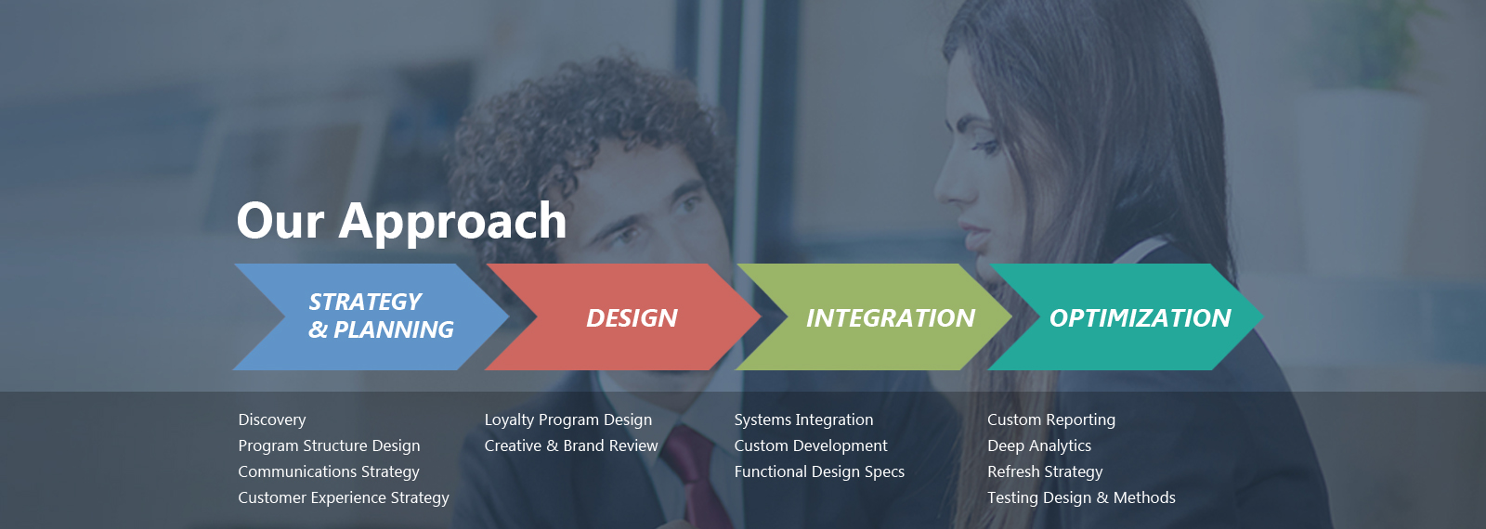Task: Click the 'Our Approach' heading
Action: click(401, 222)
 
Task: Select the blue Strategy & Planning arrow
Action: click(371, 316)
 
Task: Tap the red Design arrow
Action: click(623, 316)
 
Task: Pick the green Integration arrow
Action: click(874, 316)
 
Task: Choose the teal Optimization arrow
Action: click(1127, 316)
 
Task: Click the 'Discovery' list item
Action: click(272, 420)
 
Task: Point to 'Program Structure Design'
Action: click(329, 446)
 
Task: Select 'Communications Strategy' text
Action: click(329, 472)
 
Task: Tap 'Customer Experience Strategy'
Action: click(344, 497)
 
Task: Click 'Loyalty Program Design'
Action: click(567, 420)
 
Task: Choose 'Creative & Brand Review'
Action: click(571, 446)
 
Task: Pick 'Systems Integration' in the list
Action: click(803, 420)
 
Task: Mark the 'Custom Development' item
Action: click(811, 446)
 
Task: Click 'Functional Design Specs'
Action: click(819, 472)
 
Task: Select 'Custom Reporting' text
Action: click(1051, 420)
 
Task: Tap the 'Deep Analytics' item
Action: click(1039, 446)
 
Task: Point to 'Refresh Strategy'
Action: click(1045, 472)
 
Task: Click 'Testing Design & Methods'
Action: click(1081, 497)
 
